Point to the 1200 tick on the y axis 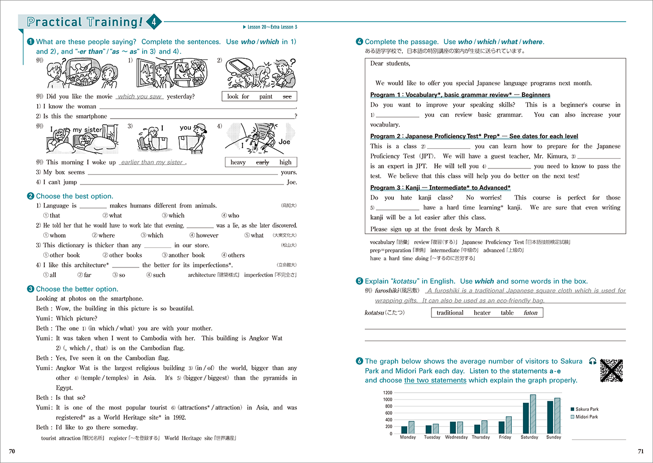coord(387,392)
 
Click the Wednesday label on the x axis coord(456,437)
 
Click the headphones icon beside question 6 coord(593,361)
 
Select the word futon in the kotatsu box coord(530,313)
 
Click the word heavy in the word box coord(238,162)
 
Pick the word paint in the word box coord(266,97)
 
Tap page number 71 coord(640,451)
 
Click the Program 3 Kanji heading coord(440,188)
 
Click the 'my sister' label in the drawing coord(87,130)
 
